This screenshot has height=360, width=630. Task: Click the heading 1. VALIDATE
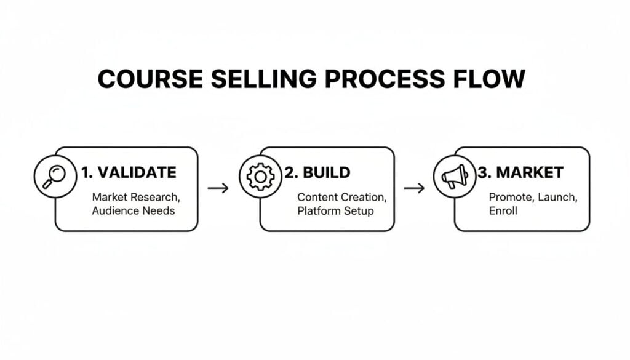[128, 173]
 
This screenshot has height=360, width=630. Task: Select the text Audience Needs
[133, 210]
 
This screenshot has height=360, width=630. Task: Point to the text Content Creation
[342, 198]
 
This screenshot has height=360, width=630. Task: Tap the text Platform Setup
[336, 210]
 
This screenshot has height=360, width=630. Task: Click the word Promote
[510, 198]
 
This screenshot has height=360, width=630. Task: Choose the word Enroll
[503, 210]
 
